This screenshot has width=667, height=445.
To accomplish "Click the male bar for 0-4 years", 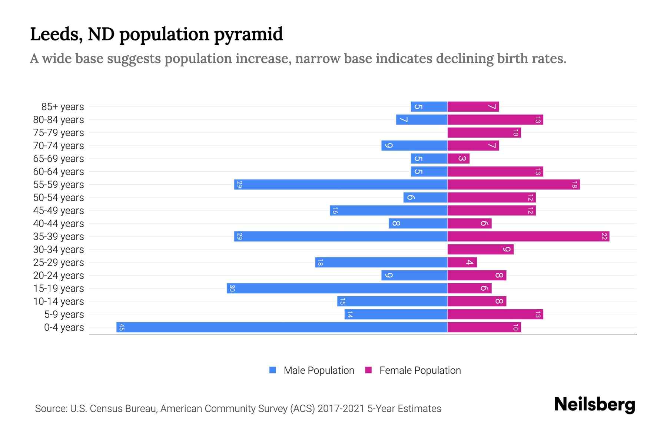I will pos(282,327).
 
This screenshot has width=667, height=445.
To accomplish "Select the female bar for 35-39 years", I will pos(528,236).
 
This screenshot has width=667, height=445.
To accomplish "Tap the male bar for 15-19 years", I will pos(337,288).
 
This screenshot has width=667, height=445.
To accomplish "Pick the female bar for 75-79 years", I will pos(484,132).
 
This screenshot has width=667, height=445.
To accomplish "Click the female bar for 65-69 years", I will pos(458,158).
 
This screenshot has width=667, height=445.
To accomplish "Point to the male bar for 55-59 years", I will pos(341,184).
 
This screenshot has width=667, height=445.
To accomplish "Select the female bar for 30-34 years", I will pos(480,249).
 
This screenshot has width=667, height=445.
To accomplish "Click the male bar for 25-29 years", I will pos(381,262).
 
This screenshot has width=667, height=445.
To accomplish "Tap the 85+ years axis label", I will pos(62,107).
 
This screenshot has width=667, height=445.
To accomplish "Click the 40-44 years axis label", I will pos(59,224).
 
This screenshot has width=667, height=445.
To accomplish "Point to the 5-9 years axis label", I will pos(64,314).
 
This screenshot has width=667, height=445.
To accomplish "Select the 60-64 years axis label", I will pos(59,172).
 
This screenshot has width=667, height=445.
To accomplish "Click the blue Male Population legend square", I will pos(273,370).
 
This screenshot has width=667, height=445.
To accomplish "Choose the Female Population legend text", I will pos(420,370).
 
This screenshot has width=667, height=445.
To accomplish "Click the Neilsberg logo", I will pos(594,405).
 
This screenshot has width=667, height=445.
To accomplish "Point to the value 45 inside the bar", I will pos(122,327).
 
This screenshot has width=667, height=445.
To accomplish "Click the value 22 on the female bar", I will pos(604,236).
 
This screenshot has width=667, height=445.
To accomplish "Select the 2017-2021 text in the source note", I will pos(341,409).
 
